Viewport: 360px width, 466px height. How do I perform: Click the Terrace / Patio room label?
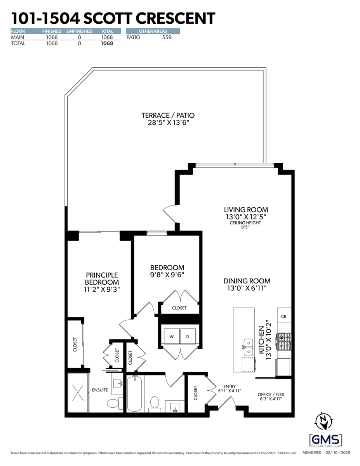tap(168, 115)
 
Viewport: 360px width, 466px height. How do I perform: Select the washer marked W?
tap(171, 337)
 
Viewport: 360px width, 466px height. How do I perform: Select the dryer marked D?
tap(188, 337)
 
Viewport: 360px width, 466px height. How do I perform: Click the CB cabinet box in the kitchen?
tap(283, 316)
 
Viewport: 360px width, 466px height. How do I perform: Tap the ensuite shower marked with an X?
tap(78, 393)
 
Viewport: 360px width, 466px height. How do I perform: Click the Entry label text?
tap(230, 386)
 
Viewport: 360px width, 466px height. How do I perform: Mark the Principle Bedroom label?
tap(102, 278)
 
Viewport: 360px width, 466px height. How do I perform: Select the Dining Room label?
tap(247, 281)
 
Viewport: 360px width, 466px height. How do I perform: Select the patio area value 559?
tap(166, 37)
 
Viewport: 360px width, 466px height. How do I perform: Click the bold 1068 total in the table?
tap(107, 43)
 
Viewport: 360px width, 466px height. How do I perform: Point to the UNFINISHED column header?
tap(79, 31)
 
